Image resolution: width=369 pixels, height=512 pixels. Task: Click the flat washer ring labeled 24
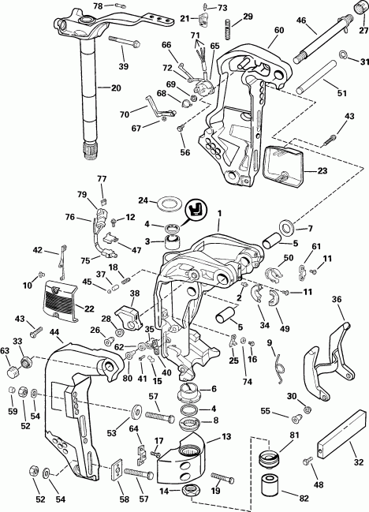click(x=167, y=203)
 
